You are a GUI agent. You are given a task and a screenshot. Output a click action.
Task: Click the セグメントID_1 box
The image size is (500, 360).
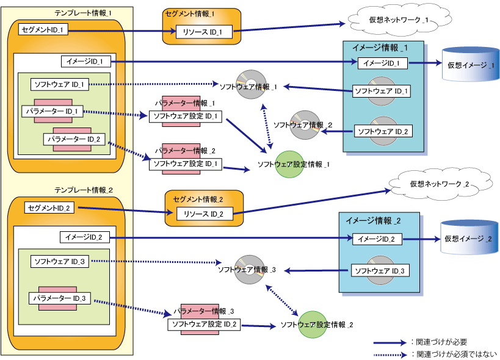(x=43, y=30)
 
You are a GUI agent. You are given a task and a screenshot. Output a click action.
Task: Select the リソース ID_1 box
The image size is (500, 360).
(x=204, y=32)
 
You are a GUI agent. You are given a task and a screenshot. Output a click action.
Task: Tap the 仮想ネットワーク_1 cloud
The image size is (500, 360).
(x=399, y=20)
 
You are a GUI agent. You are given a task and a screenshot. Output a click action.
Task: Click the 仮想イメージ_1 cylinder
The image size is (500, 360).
(x=470, y=65)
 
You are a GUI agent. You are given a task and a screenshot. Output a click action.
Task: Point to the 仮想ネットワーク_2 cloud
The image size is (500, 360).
(x=440, y=184)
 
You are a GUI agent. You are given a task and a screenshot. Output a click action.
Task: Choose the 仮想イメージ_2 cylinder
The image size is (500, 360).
(x=469, y=238)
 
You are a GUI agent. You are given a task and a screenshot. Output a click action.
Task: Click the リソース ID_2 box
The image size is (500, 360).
(x=205, y=214)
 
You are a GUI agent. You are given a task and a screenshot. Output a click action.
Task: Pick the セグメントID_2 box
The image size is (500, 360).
(x=49, y=207)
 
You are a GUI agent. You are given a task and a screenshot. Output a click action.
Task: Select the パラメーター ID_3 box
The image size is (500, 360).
(x=60, y=298)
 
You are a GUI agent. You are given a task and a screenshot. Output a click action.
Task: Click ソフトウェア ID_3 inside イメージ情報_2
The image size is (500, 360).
(x=380, y=270)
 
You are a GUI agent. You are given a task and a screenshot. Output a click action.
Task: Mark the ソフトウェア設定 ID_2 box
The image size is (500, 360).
(x=204, y=325)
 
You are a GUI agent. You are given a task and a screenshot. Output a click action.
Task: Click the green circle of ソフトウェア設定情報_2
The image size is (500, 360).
(x=313, y=325)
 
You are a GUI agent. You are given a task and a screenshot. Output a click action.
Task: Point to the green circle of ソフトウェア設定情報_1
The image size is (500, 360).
(x=289, y=164)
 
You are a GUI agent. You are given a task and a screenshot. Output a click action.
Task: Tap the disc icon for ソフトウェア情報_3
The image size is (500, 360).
(x=250, y=270)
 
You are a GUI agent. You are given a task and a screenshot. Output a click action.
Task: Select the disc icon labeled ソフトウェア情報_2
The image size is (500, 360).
(x=305, y=125)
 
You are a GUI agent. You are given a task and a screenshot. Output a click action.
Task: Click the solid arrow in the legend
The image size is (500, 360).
(x=390, y=343)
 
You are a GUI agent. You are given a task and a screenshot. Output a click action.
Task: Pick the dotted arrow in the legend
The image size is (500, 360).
(x=390, y=355)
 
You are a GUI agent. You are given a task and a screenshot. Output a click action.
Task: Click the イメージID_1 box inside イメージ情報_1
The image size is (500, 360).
(x=383, y=63)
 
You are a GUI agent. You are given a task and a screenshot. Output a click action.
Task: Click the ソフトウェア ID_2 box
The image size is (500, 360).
(x=383, y=131)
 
